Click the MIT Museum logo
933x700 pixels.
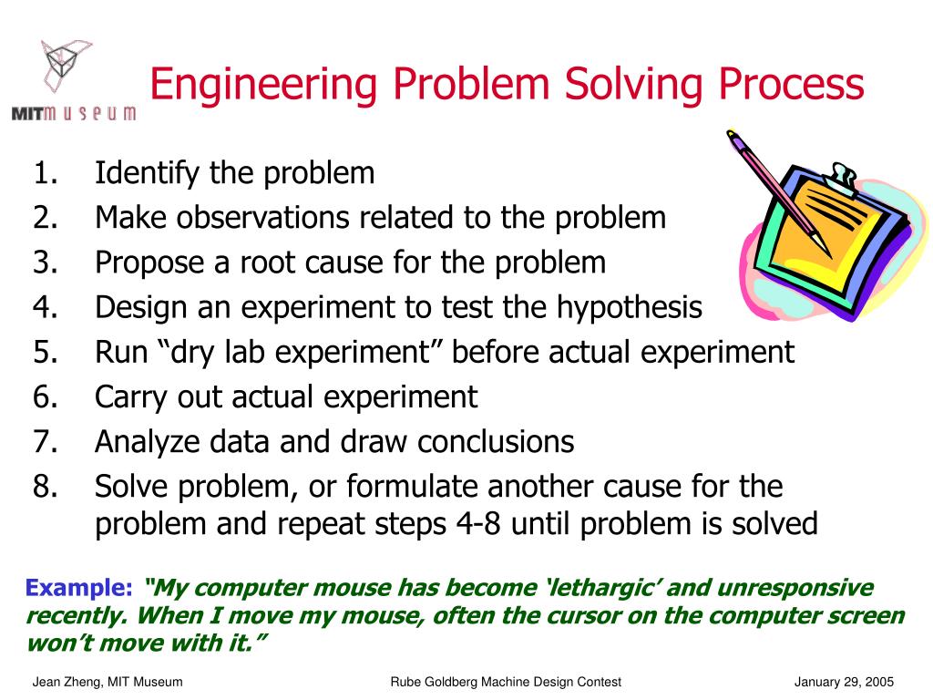pos(73,81)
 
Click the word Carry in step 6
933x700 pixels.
pos(132,397)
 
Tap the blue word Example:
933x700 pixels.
pos(78,588)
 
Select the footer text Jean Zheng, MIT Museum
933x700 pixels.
pos(108,682)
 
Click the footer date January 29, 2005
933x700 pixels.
pos(844,682)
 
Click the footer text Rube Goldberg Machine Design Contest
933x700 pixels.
pos(506,682)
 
